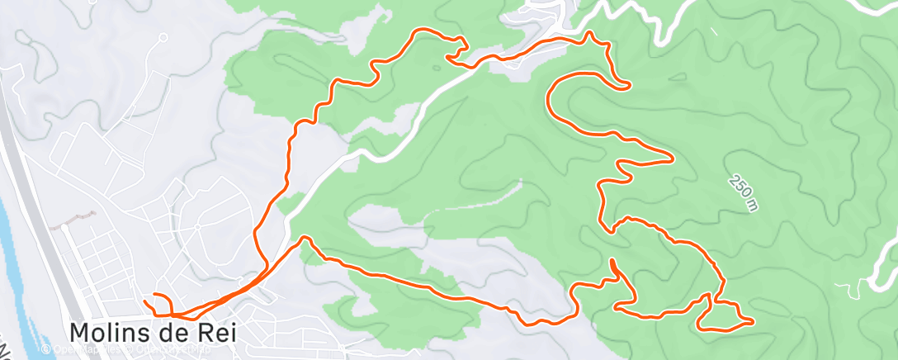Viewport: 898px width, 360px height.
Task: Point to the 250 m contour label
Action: click(x=743, y=192)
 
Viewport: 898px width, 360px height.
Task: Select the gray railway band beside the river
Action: click(x=37, y=206)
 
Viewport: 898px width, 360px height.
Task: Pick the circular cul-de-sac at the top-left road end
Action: click(x=163, y=37)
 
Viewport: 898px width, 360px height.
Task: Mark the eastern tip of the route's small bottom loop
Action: click(x=752, y=321)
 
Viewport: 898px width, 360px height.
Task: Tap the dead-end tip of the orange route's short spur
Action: click(x=612, y=262)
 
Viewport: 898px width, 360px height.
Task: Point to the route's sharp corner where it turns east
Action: click(x=304, y=239)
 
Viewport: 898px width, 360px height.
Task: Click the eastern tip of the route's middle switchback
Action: click(x=673, y=157)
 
